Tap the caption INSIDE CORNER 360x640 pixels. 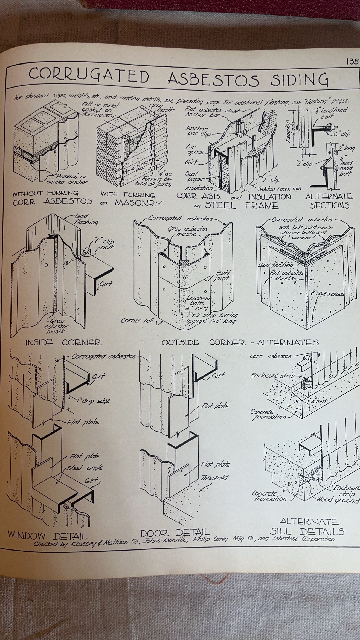pos(63,342)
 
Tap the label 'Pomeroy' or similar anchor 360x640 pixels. pos(67,179)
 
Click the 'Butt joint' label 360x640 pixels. pos(222,276)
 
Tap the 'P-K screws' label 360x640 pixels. pos(330,294)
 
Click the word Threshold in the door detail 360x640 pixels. pos(214,478)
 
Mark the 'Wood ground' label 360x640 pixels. pos(338,500)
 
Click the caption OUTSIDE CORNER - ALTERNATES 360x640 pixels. pos(240,342)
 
